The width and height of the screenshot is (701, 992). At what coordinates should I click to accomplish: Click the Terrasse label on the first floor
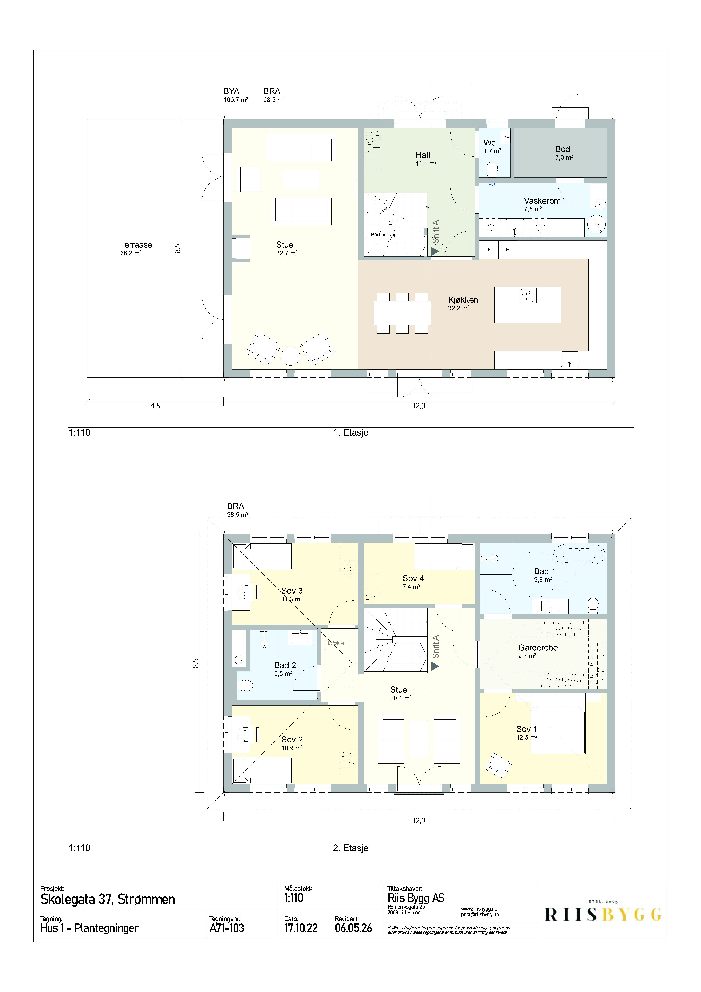136,245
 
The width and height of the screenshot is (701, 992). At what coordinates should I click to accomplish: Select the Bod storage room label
562,149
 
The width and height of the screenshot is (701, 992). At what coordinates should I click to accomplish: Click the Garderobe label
538,647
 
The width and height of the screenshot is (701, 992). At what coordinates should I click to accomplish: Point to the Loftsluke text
336,643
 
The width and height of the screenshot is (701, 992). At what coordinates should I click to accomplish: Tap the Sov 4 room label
413,578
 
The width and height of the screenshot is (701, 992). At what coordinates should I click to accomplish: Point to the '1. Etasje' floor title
351,432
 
